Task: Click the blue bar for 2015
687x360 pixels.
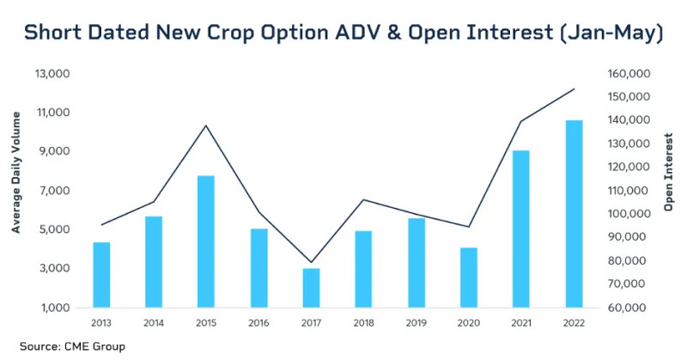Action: [206, 241]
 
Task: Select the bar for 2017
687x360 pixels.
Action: [311, 288]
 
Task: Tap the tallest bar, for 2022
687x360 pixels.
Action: [574, 214]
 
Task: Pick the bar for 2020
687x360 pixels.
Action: [469, 278]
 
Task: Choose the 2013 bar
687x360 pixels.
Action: [101, 275]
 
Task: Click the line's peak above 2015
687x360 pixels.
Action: [206, 125]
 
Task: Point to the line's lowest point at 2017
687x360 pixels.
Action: [311, 262]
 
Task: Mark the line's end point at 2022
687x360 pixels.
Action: [574, 88]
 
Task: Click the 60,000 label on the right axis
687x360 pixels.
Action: [630, 308]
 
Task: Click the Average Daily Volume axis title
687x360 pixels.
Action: [16, 190]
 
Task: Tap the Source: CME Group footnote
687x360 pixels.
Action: [72, 346]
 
